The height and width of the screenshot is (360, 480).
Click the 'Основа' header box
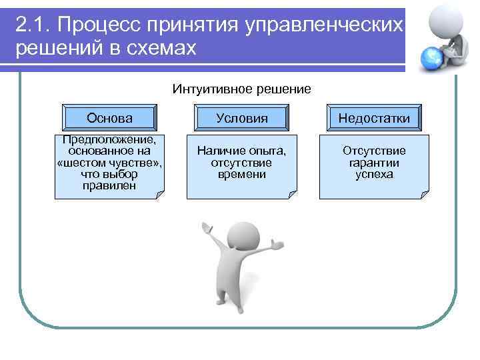coord(109,118)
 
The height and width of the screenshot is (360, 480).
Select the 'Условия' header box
coord(241,118)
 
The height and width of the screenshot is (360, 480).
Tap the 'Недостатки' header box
coord(374,118)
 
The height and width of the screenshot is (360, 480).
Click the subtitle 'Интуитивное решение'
coord(241,89)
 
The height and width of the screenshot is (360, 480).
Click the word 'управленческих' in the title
coord(324,25)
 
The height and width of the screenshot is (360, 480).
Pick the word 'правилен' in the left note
coord(109,185)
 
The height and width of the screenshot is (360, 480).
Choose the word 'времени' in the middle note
coord(241,174)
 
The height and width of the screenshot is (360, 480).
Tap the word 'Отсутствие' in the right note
coord(374,151)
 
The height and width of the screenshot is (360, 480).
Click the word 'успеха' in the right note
coord(374,174)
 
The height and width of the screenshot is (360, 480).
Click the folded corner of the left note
coord(159,195)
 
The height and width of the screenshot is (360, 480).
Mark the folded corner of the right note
coord(424,195)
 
